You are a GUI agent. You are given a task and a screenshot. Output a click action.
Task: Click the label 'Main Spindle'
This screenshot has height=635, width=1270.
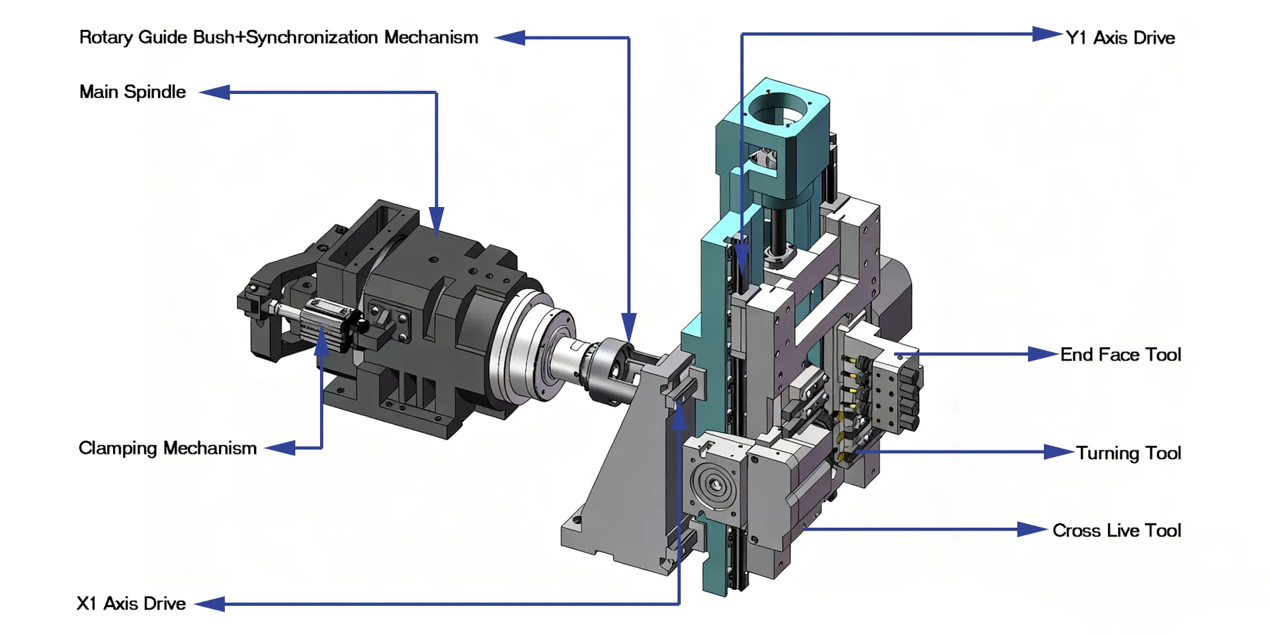click(132, 92)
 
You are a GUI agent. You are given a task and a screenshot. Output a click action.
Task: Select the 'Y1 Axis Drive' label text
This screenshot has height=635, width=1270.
click(1120, 38)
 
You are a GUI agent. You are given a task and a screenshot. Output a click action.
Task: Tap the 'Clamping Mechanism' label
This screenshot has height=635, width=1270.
click(167, 448)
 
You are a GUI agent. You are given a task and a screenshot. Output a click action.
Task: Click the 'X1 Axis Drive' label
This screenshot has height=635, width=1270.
click(131, 604)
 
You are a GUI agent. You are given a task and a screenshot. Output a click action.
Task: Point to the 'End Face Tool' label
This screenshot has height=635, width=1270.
click(1121, 355)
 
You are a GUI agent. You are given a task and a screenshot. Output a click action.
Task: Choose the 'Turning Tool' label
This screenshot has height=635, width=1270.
click(1128, 453)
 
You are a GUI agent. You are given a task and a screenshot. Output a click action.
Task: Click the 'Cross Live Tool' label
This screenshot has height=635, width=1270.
click(1117, 530)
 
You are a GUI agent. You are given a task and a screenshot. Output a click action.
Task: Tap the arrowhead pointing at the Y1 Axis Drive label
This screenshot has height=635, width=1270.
click(1048, 34)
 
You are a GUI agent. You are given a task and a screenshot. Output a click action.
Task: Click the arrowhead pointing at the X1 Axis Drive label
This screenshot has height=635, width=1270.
click(210, 604)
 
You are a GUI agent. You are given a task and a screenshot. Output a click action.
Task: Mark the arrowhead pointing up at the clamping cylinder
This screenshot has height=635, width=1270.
click(322, 341)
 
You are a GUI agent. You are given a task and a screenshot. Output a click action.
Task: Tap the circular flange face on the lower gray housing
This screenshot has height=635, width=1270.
click(713, 486)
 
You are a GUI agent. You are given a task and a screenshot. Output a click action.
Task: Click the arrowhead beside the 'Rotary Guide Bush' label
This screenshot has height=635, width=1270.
click(509, 38)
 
